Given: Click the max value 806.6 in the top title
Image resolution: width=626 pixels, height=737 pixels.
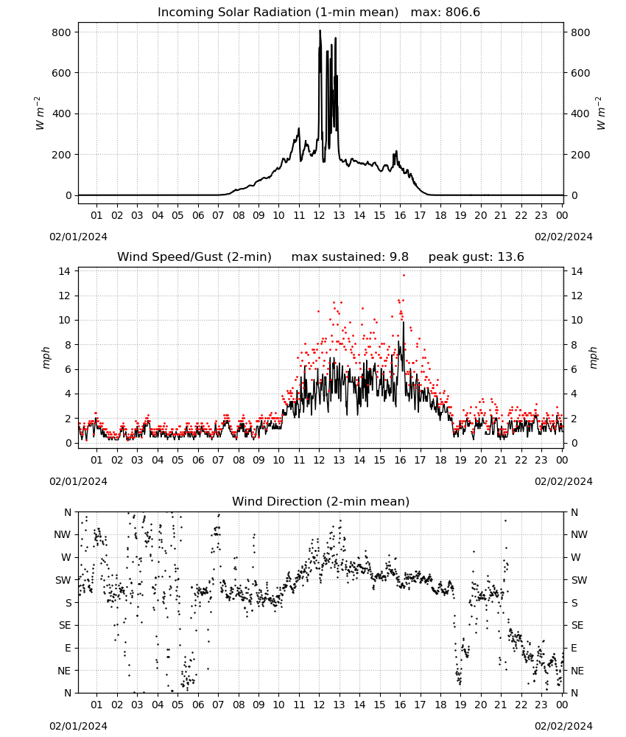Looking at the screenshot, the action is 463,13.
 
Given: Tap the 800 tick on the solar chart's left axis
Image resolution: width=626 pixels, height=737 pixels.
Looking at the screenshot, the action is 62,32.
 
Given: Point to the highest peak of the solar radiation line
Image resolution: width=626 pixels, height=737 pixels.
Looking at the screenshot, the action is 320,30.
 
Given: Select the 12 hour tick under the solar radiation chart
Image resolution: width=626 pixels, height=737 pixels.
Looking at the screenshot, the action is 319,215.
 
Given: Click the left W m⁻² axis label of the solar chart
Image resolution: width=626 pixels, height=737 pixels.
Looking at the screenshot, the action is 40,113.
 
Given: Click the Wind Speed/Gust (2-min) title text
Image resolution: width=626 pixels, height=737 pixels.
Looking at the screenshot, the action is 194,257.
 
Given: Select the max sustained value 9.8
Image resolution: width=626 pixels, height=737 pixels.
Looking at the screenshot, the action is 399,257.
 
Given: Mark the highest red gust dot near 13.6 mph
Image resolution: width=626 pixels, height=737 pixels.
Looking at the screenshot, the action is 404,276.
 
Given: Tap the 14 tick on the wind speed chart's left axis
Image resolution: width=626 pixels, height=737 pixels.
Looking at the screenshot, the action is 65,271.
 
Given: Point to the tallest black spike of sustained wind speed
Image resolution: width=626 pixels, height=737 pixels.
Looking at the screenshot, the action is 403,323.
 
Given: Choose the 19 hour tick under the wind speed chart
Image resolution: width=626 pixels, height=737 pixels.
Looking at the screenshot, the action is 460,460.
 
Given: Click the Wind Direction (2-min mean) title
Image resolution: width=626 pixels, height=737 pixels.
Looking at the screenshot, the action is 321,501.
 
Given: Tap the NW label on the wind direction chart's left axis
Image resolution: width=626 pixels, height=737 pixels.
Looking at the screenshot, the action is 63,535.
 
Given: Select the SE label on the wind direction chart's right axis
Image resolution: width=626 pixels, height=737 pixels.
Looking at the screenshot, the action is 577,625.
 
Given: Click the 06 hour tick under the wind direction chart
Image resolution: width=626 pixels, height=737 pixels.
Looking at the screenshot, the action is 198,705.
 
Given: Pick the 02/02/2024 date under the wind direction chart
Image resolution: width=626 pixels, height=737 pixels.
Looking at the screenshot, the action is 563,726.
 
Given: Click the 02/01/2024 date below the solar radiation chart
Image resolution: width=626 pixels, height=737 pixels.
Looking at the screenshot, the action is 78,237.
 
